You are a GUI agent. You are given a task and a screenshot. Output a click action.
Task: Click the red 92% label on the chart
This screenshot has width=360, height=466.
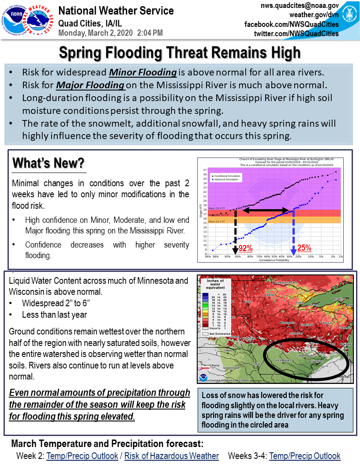[245, 248]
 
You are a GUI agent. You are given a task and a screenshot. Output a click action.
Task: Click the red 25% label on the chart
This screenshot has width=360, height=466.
[304, 248]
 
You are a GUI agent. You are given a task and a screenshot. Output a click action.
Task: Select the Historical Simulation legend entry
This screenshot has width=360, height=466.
[230, 179]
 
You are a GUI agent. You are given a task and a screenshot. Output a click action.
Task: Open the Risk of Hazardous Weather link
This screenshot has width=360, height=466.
[171, 456]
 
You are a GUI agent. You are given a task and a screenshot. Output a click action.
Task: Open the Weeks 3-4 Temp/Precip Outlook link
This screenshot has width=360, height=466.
[304, 456]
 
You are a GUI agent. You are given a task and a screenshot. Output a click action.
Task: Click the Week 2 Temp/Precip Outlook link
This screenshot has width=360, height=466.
[82, 456]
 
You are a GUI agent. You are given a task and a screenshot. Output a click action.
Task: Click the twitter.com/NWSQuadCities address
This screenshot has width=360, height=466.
[296, 34]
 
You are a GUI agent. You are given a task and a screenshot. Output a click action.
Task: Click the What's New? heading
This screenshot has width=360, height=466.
[48, 163]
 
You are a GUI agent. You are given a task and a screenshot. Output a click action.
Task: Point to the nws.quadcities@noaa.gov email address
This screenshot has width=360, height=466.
[300, 5]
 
